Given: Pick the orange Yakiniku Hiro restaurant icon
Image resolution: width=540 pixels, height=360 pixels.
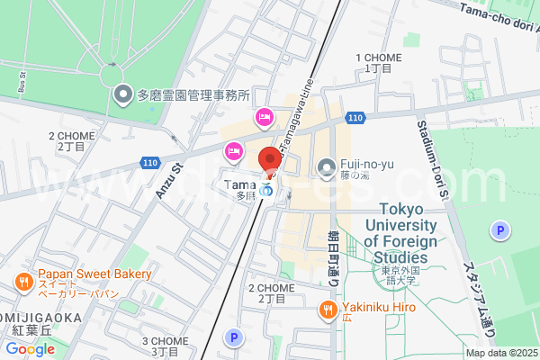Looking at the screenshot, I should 328,310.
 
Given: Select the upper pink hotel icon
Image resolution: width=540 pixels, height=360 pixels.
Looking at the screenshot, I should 264,116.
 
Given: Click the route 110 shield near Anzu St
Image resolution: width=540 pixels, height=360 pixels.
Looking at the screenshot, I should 148,162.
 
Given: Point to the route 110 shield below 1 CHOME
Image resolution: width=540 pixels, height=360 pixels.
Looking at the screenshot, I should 355,118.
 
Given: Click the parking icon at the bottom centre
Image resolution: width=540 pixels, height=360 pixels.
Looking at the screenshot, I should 234,338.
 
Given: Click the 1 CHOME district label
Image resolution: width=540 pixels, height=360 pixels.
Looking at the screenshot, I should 373,61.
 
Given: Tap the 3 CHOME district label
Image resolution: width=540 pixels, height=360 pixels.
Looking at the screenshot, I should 164,346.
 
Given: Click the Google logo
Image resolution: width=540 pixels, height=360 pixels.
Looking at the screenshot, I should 30,349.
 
